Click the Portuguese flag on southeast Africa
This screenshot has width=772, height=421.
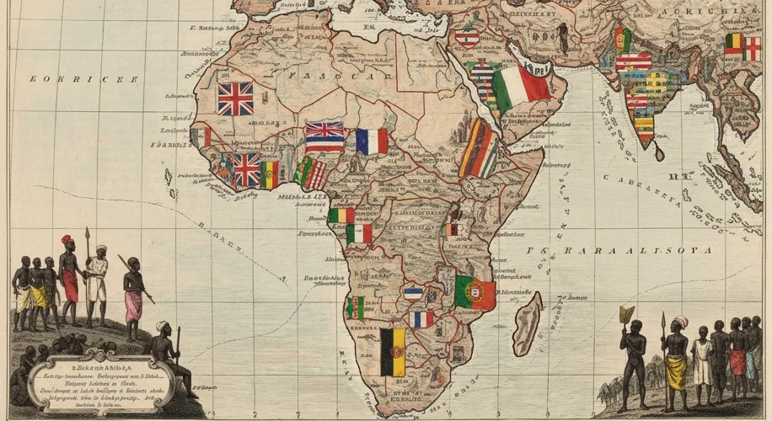(x=474, y=292)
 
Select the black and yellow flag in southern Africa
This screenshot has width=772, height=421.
(x=392, y=352)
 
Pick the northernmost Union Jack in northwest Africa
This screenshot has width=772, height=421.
(x=235, y=98)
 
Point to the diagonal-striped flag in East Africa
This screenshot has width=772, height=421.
(x=478, y=148)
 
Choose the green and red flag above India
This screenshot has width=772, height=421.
(x=622, y=39)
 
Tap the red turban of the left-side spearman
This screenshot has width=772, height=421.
(x=67, y=240)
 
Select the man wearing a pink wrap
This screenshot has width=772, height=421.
(x=133, y=295)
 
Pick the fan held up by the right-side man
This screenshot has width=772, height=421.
(x=625, y=315)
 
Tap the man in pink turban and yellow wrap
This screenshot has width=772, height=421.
(x=676, y=358)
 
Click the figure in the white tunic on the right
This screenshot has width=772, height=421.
(x=701, y=362)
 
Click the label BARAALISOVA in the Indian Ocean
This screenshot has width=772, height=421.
(x=628, y=251)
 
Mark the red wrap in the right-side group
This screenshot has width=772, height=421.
(x=738, y=362)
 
